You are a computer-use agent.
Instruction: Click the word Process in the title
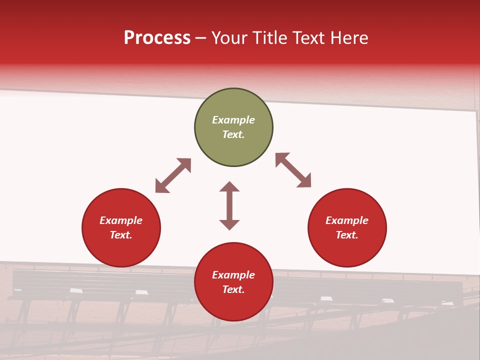(x=157, y=38)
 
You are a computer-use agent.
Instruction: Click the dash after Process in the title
(x=200, y=38)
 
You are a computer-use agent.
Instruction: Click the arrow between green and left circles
(x=173, y=175)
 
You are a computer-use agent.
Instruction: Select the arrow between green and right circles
(x=293, y=170)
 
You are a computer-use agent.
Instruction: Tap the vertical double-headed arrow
(x=229, y=205)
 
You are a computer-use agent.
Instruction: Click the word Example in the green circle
(x=233, y=120)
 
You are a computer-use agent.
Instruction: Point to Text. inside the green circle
(x=233, y=134)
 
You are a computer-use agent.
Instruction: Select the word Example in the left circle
(x=121, y=220)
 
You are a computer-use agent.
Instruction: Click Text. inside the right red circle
(x=347, y=235)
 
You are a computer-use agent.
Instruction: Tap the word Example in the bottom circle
(x=233, y=275)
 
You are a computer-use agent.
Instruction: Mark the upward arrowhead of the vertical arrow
(x=229, y=186)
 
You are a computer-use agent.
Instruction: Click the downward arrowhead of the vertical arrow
(x=229, y=224)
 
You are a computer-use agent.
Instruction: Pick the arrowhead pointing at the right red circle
(x=304, y=181)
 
